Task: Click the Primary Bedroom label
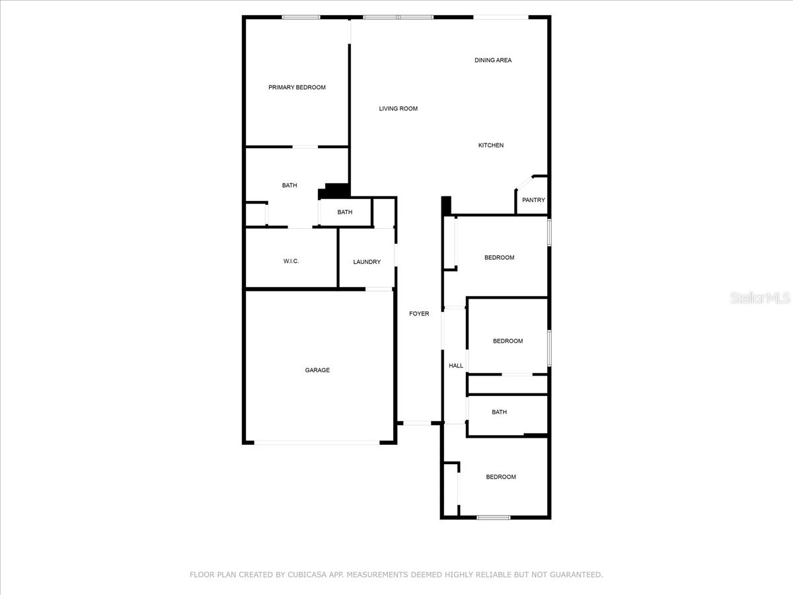point(297,87)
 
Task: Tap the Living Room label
point(398,108)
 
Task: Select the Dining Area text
point(493,60)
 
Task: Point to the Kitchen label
point(491,145)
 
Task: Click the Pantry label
point(533,200)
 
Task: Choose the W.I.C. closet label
point(291,261)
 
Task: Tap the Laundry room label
point(367,262)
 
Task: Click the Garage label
point(317,370)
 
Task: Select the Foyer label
point(419,313)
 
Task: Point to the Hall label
point(456,366)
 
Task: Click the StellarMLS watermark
point(759,298)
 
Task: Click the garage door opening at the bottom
point(317,442)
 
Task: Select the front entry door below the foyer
point(418,423)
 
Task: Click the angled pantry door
point(524,182)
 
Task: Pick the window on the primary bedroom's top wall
point(301,17)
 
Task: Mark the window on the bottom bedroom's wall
point(494,517)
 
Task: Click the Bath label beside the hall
point(499,412)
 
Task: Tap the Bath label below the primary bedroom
point(289,185)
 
